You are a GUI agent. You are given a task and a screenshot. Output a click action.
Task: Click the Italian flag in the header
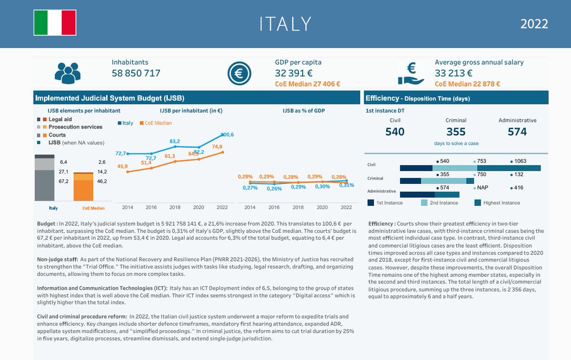click(x=55, y=22)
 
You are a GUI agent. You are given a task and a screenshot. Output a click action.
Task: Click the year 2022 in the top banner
click(x=534, y=24)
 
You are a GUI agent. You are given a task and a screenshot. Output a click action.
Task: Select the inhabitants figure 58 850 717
click(x=136, y=73)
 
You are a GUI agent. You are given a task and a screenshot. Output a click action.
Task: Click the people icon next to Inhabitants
click(x=68, y=73)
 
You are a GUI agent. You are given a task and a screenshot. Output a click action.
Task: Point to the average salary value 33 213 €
click(x=453, y=73)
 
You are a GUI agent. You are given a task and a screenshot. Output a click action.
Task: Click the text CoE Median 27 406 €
click(x=307, y=84)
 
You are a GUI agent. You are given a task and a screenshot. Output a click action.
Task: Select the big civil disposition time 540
click(x=395, y=131)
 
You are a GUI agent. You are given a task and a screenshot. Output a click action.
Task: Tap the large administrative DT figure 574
click(x=517, y=131)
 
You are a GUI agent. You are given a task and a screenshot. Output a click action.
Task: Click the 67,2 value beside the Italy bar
click(x=63, y=181)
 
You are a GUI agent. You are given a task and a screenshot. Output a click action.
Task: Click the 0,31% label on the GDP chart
click(x=346, y=185)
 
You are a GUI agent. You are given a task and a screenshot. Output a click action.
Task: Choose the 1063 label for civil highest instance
click(x=520, y=161)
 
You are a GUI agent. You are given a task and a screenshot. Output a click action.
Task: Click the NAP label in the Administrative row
click(x=482, y=188)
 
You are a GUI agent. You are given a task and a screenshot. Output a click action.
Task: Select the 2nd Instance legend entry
click(x=439, y=203)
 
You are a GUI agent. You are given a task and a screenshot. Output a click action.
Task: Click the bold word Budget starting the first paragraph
click(x=47, y=223)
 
